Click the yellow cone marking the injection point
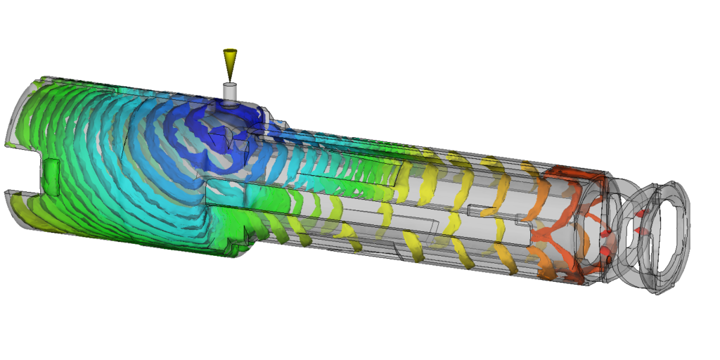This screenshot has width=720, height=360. coord(229,62)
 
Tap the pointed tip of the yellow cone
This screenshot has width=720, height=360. coord(229,78)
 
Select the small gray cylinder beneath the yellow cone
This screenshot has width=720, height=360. coord(229,91)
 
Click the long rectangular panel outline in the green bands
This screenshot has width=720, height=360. coord(352,169)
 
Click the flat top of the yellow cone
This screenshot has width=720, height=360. coord(229,51)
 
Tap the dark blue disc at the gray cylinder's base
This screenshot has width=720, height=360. coord(229,103)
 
